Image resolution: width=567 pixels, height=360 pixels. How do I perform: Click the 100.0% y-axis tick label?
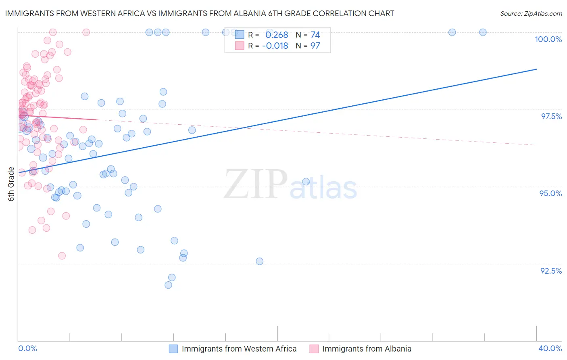click(x=548, y=39)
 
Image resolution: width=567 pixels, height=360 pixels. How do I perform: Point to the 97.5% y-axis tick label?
click(x=551, y=116)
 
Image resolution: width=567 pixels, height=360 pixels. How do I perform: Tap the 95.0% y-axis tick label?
click(x=550, y=193)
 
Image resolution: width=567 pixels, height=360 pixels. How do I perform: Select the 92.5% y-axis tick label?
click(x=551, y=271)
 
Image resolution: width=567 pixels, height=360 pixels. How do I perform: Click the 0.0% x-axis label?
click(x=27, y=349)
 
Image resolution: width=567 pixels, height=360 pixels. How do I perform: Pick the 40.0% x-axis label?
click(x=550, y=349)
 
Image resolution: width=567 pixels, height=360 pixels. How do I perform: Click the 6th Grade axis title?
click(x=11, y=184)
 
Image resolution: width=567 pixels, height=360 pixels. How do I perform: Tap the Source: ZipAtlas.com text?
click(x=531, y=14)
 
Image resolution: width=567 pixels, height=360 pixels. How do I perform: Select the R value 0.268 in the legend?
click(x=277, y=35)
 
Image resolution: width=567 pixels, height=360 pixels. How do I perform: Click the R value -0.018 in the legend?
click(x=275, y=46)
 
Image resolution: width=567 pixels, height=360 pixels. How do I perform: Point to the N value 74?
click(x=315, y=35)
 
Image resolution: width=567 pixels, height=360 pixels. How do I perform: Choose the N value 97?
click(x=315, y=46)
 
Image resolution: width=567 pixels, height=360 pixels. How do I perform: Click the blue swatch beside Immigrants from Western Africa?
click(x=173, y=349)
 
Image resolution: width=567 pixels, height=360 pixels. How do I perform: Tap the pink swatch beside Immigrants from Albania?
click(x=314, y=349)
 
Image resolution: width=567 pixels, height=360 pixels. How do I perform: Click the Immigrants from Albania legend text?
click(x=367, y=349)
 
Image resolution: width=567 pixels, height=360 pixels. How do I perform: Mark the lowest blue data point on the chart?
click(x=169, y=285)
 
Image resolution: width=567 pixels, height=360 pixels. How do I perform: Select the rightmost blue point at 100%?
click(x=483, y=32)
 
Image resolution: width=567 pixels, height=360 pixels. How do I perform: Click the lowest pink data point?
click(x=62, y=256)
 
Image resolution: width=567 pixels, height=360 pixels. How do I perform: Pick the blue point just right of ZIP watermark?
click(x=306, y=182)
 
